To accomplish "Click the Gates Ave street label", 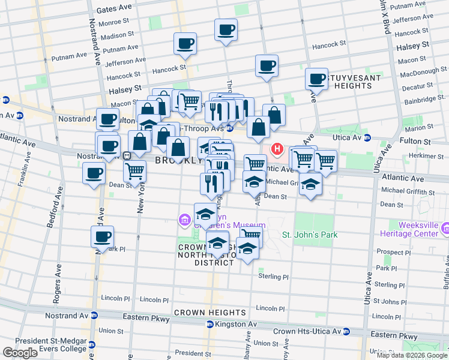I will click(113, 10).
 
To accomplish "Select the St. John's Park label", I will click(310, 234).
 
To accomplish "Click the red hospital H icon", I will click(277, 149).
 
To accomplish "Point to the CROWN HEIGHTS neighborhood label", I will click(209, 313).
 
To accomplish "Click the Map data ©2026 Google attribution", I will click(412, 355).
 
